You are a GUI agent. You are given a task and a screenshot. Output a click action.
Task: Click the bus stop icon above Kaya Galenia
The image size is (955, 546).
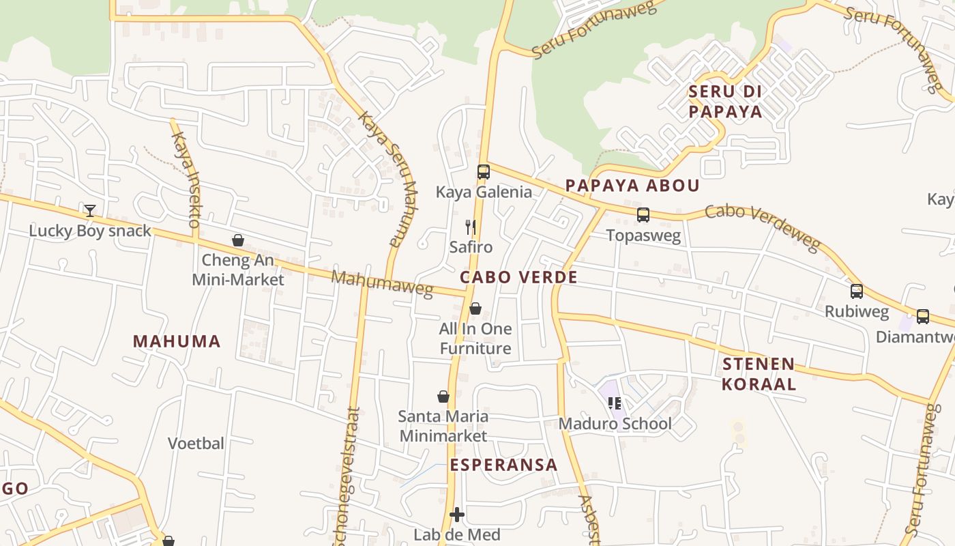click(484, 172)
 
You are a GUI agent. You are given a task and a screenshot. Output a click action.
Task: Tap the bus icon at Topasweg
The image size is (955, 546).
click(643, 216)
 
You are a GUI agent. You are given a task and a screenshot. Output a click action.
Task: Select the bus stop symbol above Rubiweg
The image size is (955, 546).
click(857, 291)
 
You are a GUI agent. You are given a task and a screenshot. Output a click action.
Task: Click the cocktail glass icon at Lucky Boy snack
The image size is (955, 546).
click(90, 210)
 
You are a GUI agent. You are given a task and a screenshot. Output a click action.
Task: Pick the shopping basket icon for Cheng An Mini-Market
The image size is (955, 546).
click(238, 240)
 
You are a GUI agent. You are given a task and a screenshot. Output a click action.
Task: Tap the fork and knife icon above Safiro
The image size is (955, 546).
click(470, 227)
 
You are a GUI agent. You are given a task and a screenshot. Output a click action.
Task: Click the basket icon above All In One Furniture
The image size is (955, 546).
click(475, 308)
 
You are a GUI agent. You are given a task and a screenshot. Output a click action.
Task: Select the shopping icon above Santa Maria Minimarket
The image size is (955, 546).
click(443, 397)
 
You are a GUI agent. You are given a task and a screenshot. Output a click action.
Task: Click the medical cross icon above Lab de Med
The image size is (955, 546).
click(457, 515)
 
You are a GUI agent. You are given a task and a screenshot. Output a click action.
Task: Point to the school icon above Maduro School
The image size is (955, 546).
click(615, 403)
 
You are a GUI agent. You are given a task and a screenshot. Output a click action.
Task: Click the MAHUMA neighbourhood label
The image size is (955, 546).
click(177, 341)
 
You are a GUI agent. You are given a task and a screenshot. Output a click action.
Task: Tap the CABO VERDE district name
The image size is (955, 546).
click(518, 277)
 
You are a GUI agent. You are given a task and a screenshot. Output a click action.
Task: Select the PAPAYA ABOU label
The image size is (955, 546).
click(632, 186)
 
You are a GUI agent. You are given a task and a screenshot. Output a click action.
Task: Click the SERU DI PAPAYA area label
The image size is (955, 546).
click(725, 101)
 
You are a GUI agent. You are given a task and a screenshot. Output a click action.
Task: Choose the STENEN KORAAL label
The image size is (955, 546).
click(759, 373)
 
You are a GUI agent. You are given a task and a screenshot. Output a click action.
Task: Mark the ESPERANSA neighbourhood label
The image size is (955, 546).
click(503, 465)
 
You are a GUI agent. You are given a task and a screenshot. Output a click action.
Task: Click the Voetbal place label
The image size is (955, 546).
click(196, 444)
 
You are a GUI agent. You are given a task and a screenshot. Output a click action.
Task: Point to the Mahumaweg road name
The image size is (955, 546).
click(382, 284)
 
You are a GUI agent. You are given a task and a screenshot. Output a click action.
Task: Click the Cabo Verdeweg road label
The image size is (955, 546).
click(762, 228)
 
